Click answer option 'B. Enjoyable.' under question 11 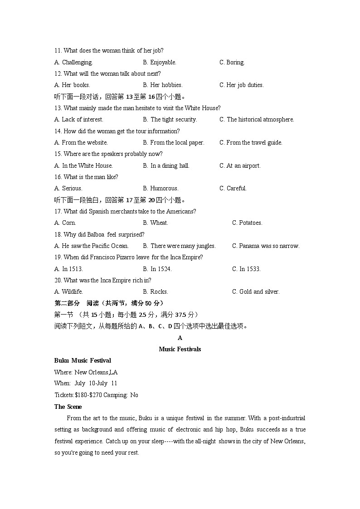tap(160, 63)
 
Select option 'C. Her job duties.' tap(241, 85)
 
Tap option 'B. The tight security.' tap(170, 120)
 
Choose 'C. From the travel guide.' tap(251, 143)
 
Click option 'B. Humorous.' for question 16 tap(161, 189)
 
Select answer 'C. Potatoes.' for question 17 tap(247, 223)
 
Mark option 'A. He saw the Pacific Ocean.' tap(91, 246)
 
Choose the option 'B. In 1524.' tap(157, 269)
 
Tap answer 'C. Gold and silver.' tap(256, 292)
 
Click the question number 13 tap(58, 108)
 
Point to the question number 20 tap(58, 281)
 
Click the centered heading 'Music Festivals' tap(180, 349)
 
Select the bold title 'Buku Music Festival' tap(83, 361)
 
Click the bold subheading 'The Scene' tap(68, 407)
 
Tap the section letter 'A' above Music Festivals tap(180, 338)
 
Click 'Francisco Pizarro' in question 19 tap(113, 257)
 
